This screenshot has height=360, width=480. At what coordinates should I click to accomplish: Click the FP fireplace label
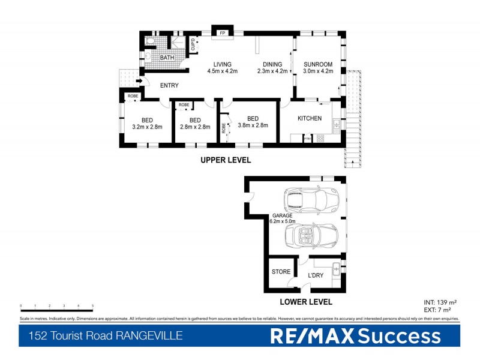pyautogui.click(x=222, y=32)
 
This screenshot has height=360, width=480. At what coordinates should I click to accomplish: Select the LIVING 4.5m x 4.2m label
pyautogui.click(x=223, y=67)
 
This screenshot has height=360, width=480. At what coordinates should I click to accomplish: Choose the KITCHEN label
pyautogui.click(x=310, y=118)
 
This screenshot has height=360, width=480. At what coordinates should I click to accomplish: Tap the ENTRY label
pyautogui.click(x=169, y=85)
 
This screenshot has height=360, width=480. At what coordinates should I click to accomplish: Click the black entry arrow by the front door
pyautogui.click(x=139, y=82)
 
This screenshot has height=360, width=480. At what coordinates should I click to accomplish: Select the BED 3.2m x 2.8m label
pyautogui.click(x=146, y=123)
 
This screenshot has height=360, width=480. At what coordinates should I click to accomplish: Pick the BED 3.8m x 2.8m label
pyautogui.click(x=253, y=122)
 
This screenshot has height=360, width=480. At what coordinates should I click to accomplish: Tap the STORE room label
pyautogui.click(x=281, y=271)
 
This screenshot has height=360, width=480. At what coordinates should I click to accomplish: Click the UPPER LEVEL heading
pyautogui.click(x=226, y=160)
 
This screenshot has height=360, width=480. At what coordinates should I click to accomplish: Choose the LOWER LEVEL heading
pyautogui.click(x=307, y=302)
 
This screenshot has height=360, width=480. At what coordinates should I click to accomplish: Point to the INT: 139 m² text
pyautogui.click(x=440, y=302)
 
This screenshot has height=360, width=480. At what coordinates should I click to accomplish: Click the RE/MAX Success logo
pyautogui.click(x=355, y=336)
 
